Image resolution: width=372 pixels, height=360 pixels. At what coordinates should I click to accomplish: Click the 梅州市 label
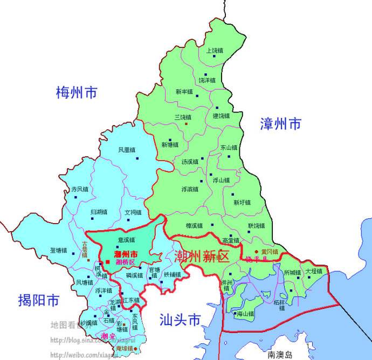click(77, 93)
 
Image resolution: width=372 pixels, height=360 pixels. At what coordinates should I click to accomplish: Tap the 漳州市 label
click(280, 123)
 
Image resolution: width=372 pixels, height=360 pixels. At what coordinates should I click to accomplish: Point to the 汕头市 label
click(180, 320)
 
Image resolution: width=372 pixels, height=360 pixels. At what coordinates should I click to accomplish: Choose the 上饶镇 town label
click(215, 51)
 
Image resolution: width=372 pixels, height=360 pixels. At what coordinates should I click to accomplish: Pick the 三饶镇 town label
click(183, 117)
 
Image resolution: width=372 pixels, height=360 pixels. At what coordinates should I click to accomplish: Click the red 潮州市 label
click(126, 254)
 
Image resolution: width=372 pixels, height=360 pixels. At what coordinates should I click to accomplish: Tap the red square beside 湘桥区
click(108, 262)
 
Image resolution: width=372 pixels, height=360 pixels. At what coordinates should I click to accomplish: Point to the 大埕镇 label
click(313, 271)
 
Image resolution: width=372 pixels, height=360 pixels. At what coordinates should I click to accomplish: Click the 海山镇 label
click(245, 313)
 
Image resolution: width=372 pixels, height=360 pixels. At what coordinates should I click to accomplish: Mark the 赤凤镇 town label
click(80, 190)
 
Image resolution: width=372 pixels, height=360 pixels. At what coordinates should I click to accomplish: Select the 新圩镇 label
click(242, 203)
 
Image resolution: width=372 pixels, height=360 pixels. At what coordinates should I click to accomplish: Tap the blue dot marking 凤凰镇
click(137, 158)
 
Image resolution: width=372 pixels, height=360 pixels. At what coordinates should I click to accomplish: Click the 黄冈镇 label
click(269, 251)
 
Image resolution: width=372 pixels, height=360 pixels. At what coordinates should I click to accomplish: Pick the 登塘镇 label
click(58, 251)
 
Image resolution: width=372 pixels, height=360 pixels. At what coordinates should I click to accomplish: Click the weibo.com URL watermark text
click(80, 355)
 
